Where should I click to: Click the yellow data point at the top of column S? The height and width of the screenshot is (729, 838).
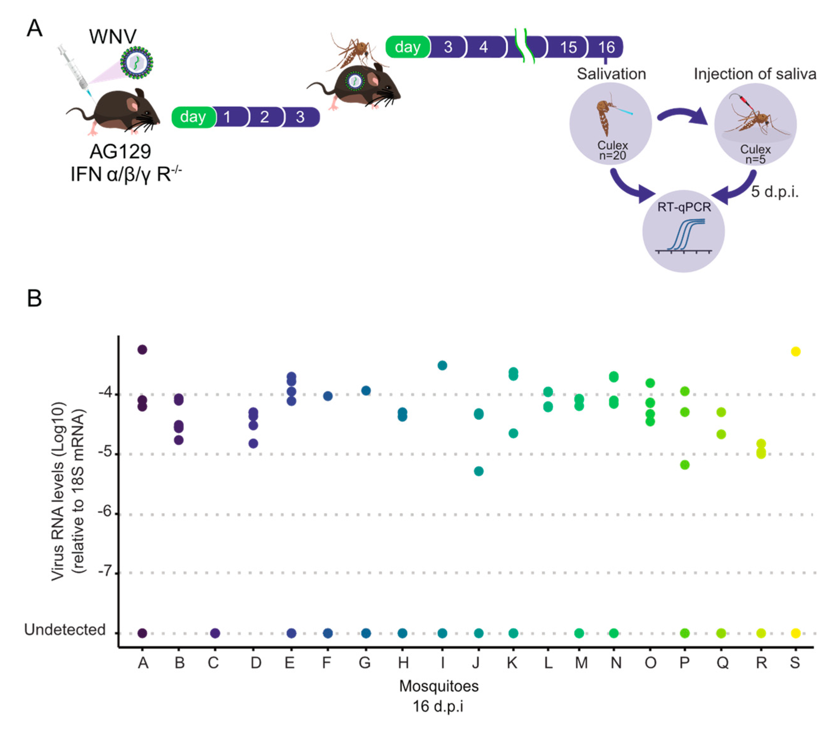tap(795, 351)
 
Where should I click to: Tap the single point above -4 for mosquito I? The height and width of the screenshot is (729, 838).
tap(442, 365)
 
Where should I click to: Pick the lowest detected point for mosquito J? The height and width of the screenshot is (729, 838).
tap(479, 471)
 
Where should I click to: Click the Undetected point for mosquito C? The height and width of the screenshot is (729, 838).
tap(215, 633)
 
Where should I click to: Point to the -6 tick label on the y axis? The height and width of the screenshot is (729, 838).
tap(105, 512)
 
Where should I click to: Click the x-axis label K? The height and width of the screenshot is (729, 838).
tap(512, 663)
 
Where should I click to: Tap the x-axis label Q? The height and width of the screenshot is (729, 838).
tap(722, 663)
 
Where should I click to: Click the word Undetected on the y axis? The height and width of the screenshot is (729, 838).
tap(65, 630)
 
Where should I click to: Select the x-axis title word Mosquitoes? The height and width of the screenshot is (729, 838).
tap(439, 686)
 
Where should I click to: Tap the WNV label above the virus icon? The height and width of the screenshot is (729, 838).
tap(113, 37)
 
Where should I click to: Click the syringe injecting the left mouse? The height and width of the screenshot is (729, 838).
tap(75, 69)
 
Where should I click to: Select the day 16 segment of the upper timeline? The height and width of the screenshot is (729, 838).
tap(606, 47)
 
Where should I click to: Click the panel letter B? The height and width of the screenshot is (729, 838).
tap(34, 298)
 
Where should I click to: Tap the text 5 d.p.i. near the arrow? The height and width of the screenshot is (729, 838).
tap(774, 191)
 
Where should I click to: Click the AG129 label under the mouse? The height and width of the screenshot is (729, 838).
tap(120, 152)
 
